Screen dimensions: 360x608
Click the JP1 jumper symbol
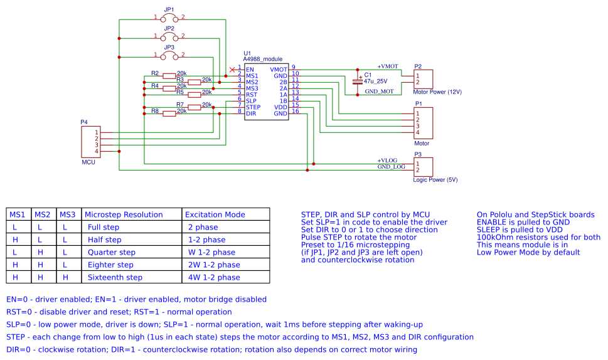click(169, 18)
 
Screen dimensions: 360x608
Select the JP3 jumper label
click(169, 47)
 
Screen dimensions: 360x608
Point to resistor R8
click(169, 114)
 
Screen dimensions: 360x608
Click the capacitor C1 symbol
click(358, 80)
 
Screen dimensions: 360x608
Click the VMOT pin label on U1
click(279, 69)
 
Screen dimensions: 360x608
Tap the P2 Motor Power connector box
click(423, 79)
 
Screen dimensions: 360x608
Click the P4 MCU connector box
click(90, 142)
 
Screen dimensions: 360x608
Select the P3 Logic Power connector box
click(423, 167)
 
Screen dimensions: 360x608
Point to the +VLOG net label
click(387, 160)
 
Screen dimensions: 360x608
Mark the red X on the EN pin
click(233, 68)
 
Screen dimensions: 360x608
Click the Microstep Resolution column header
click(124, 214)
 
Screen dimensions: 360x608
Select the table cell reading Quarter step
click(111, 252)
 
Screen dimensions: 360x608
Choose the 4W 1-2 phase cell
click(213, 277)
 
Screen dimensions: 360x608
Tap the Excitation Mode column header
click(215, 214)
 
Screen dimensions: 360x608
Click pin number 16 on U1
click(295, 111)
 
